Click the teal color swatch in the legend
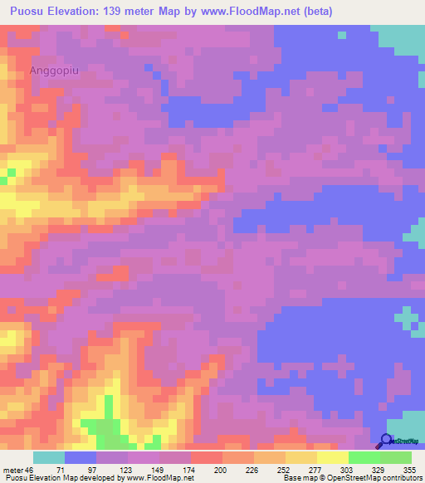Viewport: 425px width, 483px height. pos(49,457)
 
